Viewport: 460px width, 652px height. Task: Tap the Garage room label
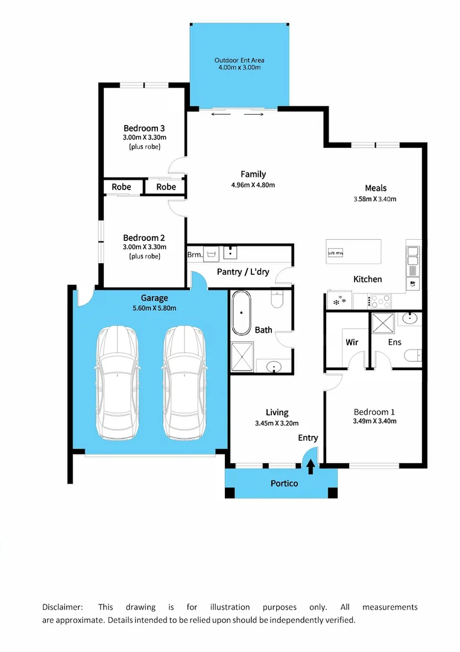click(x=154, y=298)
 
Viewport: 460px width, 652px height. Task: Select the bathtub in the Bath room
click(x=242, y=313)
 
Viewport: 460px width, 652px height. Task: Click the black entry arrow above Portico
click(x=311, y=466)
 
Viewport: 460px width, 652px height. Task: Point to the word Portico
click(x=284, y=483)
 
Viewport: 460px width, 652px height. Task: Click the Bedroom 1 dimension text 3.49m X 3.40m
click(x=374, y=421)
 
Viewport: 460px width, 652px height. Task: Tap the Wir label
click(x=352, y=342)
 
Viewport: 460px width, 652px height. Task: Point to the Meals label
click(x=376, y=188)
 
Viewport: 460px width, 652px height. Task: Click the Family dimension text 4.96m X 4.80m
click(x=253, y=185)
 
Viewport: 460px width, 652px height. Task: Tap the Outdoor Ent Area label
click(x=239, y=60)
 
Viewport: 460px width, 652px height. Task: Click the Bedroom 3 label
click(x=144, y=128)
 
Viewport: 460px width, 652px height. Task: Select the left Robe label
click(x=121, y=187)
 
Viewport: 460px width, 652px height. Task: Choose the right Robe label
click(x=166, y=187)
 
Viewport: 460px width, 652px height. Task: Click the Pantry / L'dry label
click(x=243, y=272)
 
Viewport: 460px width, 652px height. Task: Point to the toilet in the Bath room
click(x=277, y=299)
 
